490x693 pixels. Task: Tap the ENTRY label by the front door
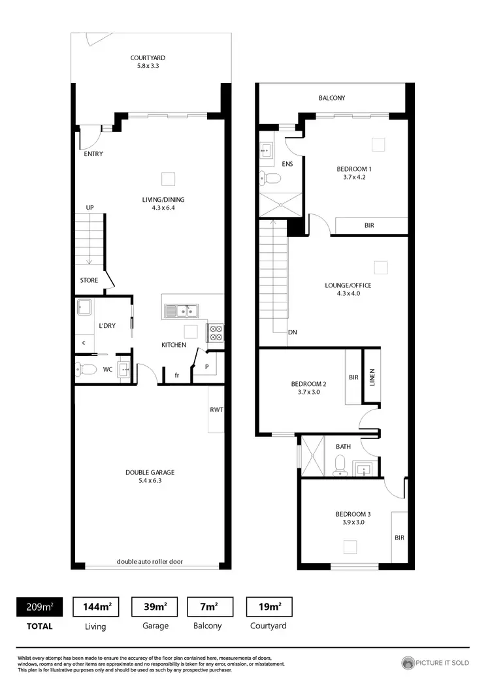[93, 154]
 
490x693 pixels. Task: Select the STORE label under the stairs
[89, 280]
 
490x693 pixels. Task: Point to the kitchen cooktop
[216, 333]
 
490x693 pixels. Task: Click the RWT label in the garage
[216, 410]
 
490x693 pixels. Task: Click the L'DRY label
[107, 325]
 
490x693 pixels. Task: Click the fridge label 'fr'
[177, 376]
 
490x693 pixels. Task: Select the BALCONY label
[332, 98]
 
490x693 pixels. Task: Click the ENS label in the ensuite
[287, 164]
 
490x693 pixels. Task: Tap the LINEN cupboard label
[372, 378]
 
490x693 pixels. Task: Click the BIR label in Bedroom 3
[399, 538]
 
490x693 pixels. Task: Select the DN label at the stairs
[292, 332]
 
